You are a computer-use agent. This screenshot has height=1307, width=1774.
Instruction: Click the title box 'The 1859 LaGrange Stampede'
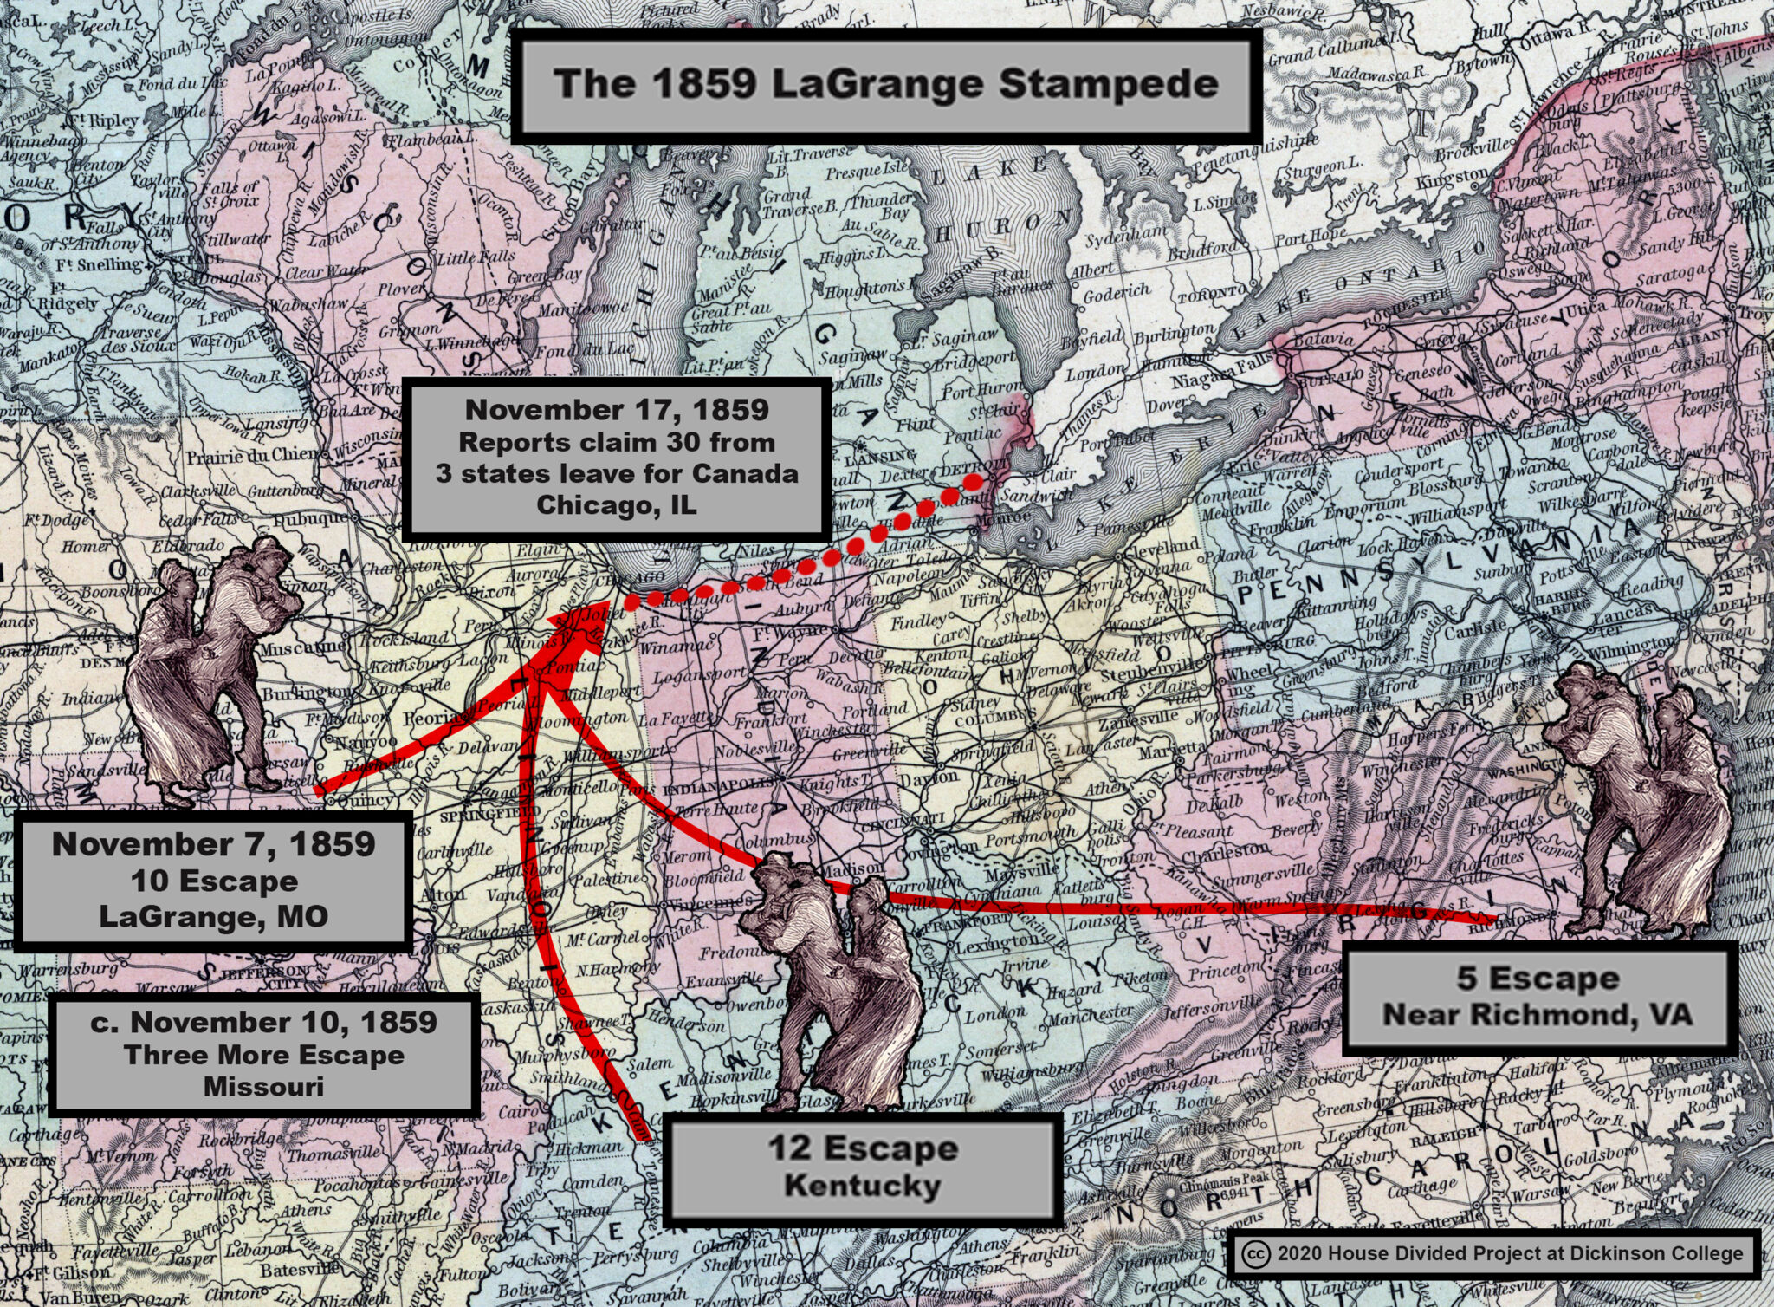(885, 85)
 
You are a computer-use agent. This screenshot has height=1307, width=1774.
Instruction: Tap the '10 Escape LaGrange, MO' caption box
(213, 880)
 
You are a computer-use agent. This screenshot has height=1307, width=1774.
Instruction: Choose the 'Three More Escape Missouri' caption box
(263, 1054)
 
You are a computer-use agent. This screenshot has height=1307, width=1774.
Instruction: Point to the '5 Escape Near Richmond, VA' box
(1538, 997)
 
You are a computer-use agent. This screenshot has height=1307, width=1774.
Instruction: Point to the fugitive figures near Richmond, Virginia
(1637, 797)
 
